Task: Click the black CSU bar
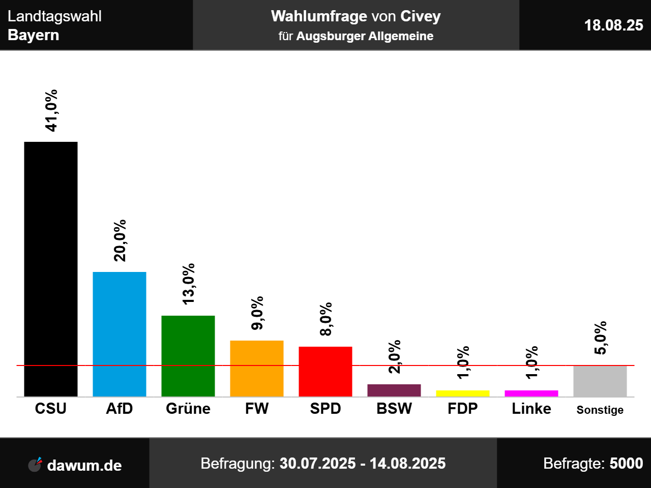(51, 269)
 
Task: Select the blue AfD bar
(120, 334)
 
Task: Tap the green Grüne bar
(188, 356)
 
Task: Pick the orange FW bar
(257, 368)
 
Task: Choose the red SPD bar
(325, 371)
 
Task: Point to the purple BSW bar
(394, 390)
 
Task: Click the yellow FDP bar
(463, 393)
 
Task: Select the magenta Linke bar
(531, 393)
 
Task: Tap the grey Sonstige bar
(600, 381)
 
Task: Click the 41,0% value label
(51, 111)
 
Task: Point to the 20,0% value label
(120, 241)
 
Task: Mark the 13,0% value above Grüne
(189, 284)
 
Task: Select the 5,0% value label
(601, 338)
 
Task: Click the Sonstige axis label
(600, 410)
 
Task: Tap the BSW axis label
(394, 409)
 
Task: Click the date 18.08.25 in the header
(613, 25)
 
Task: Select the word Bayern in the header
(34, 35)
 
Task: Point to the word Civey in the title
(421, 16)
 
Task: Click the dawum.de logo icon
(35, 464)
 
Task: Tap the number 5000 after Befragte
(626, 464)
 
